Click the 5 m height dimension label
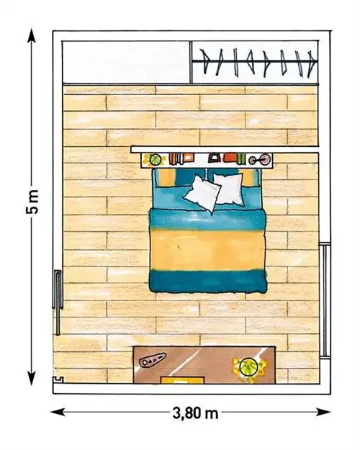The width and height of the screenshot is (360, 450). point(32,202)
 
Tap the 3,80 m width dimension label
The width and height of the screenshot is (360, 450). point(195,413)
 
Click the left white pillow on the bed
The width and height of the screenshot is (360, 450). point(202,194)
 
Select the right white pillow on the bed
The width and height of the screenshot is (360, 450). point(229,189)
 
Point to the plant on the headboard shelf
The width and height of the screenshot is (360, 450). point(155,160)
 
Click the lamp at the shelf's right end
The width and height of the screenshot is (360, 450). point(260,160)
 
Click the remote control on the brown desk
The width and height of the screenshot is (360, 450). point(152,359)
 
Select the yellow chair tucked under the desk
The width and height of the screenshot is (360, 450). point(182,380)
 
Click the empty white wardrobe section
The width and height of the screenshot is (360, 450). point(126,62)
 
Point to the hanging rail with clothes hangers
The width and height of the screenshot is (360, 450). point(255,61)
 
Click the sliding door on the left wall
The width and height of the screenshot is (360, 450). point(58,302)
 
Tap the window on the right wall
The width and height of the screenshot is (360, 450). point(325,300)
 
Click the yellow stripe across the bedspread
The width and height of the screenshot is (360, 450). point(208,250)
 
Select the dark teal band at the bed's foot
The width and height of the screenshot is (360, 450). point(208,282)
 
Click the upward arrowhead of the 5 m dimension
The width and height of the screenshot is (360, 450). point(32,35)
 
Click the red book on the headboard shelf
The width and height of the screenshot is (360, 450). point(230,158)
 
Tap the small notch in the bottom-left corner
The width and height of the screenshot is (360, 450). point(58,380)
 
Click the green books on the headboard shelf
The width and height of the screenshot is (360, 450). point(241,159)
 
